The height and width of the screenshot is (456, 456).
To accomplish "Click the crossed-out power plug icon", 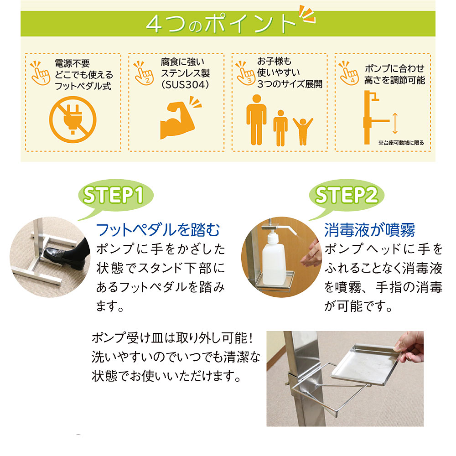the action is [x=73, y=119].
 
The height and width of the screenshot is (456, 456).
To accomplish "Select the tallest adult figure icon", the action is [x=256, y=119].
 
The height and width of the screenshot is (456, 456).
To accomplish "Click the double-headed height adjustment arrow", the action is [x=395, y=123].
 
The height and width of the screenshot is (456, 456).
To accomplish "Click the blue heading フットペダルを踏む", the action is [x=158, y=230].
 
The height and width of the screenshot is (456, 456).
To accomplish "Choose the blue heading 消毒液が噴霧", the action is [x=370, y=230].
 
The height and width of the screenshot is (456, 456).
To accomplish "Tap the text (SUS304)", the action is [x=185, y=85].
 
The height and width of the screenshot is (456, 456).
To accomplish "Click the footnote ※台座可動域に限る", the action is [x=401, y=143].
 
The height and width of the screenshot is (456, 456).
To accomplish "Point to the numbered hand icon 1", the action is [x=40, y=73].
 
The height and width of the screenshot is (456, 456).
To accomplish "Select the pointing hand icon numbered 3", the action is [x=246, y=73].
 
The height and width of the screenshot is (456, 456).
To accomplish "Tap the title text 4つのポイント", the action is [x=222, y=23].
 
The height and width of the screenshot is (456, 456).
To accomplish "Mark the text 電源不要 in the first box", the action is [x=73, y=63].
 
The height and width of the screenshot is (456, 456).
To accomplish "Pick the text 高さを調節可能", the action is [x=394, y=80].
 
